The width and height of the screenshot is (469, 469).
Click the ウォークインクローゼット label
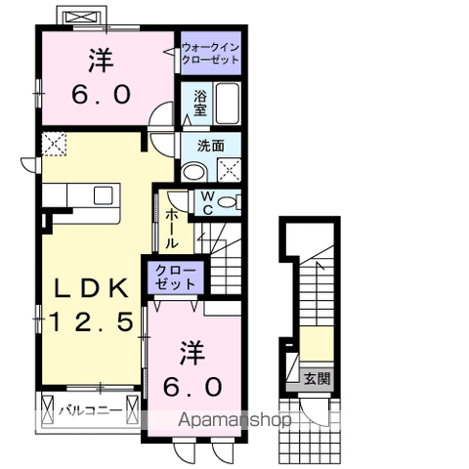pos(210,53)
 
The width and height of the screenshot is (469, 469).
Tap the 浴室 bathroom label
pos(199,102)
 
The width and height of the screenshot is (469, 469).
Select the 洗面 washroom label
pos(210,145)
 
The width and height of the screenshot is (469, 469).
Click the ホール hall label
pos(171,229)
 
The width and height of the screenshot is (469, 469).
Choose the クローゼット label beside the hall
pos(174,275)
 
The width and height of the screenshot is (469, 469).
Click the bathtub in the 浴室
pos(227,104)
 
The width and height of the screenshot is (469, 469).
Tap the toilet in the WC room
pos(229,202)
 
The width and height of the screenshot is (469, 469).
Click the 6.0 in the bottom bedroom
pos(192,386)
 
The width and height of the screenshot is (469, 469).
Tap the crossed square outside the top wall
pos(79,18)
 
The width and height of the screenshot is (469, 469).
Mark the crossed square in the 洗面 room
pos(230,169)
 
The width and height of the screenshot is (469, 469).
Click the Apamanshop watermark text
pos(234,421)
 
